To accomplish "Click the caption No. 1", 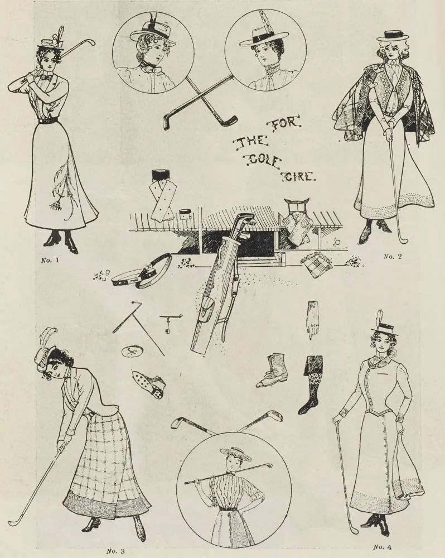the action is [50, 260].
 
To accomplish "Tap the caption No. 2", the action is [393, 256].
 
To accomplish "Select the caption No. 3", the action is [115, 551].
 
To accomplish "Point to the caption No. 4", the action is [383, 547].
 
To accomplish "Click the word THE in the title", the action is [250, 142].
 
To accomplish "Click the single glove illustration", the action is [313, 320].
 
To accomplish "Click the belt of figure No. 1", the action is [48, 121].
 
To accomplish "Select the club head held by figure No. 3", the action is [14, 523].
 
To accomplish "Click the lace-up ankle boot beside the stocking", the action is [271, 370].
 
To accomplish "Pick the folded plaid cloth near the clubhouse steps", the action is [317, 264].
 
